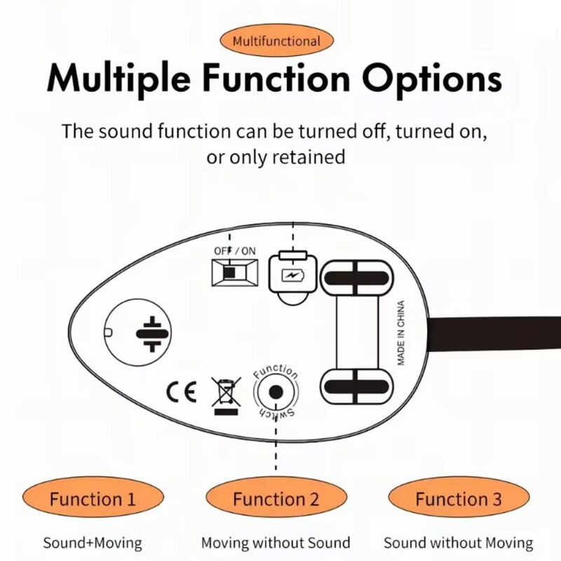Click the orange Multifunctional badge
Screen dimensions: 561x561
pos(276,41)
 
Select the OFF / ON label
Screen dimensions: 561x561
pos(235,250)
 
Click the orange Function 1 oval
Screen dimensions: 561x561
pos(93,499)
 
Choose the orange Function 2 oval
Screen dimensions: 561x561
pos(276,499)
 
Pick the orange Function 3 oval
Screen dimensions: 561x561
pos(459,499)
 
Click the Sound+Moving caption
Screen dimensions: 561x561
pos(93,542)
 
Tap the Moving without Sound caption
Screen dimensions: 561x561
pos(276,542)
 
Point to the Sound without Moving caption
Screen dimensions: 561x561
pos(459,542)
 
